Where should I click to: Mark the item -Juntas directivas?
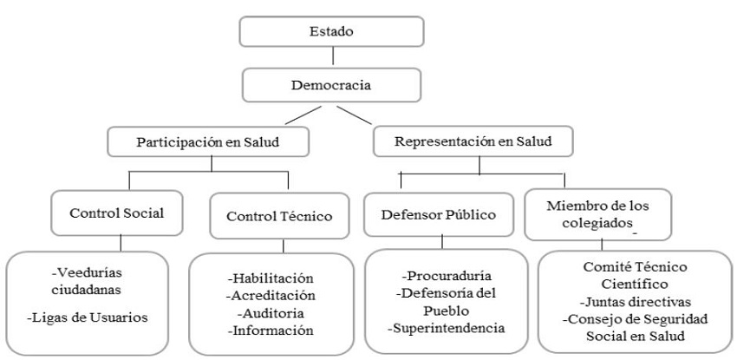[634, 304]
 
